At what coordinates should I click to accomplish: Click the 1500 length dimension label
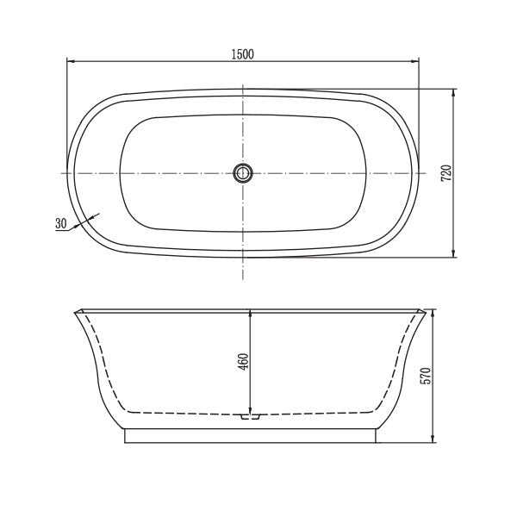(x=242, y=53)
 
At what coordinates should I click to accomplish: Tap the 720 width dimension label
(x=445, y=172)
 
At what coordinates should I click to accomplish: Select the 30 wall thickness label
(x=60, y=223)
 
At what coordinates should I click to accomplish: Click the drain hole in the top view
(x=243, y=173)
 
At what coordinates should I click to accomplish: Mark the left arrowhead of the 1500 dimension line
(x=72, y=61)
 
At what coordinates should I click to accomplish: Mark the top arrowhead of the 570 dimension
(x=432, y=311)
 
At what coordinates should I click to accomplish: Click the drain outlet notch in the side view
(x=250, y=416)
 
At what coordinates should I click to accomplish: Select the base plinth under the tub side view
(x=251, y=435)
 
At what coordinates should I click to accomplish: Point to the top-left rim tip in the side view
(x=75, y=308)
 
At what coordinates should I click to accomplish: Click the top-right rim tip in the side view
(x=426, y=308)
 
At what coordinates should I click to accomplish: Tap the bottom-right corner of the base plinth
(x=377, y=443)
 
